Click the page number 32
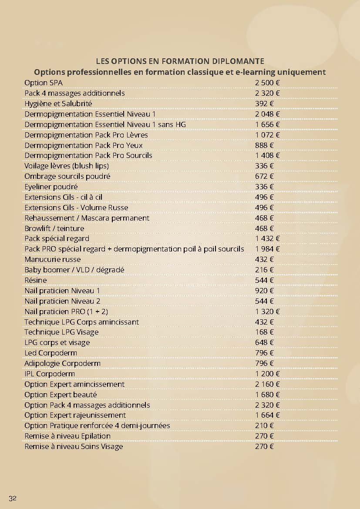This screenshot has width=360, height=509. click(12, 498)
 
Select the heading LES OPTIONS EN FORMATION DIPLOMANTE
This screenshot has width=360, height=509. click(180, 61)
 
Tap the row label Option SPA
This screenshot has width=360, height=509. click(43, 83)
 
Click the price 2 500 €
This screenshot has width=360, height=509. click(267, 83)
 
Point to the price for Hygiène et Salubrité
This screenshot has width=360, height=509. click(264, 104)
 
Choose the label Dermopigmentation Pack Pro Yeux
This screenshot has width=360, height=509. click(84, 145)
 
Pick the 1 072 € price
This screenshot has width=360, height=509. click(267, 135)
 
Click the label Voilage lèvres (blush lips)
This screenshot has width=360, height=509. click(67, 166)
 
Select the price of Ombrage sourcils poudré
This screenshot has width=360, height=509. click(264, 176)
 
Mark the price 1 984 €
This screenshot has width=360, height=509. click(267, 249)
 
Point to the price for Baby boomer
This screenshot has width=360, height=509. click(264, 270)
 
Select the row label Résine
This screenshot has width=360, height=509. click(36, 280)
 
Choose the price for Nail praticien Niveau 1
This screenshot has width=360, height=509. click(264, 291)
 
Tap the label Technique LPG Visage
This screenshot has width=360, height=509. click(61, 332)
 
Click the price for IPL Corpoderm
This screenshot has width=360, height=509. click(267, 374)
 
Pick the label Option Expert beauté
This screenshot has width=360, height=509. click(61, 395)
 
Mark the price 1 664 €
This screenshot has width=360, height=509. click(267, 415)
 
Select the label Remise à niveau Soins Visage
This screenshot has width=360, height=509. click(74, 446)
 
